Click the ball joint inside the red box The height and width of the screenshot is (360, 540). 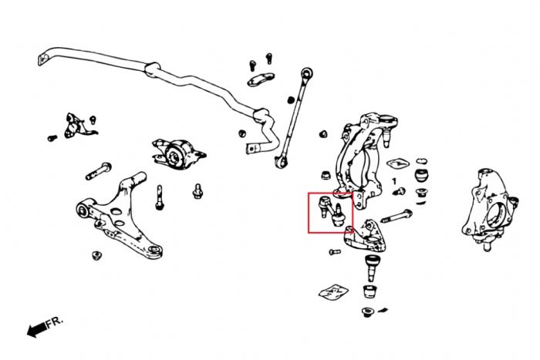[331, 210]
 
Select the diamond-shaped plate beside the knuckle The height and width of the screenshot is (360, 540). [397, 163]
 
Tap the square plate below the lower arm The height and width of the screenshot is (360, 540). [333, 291]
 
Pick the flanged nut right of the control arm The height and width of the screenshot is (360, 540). [197, 189]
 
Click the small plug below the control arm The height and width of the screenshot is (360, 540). [97, 256]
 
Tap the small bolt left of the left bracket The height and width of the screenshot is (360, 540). [52, 138]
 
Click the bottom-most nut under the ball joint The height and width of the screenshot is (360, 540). [367, 311]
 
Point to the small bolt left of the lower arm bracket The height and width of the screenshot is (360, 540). [334, 251]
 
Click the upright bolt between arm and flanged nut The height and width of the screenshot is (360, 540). [160, 197]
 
